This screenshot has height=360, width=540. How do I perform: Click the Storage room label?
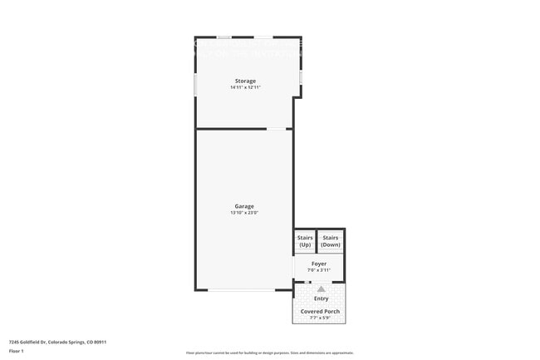[244, 81]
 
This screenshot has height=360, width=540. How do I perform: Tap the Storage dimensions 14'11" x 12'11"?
[244, 87]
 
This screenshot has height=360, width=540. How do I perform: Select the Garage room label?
[244, 206]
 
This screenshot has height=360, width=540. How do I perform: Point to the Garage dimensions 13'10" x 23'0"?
[244, 213]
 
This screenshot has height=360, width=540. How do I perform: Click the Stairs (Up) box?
[304, 241]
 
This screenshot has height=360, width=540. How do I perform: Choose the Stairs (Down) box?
[331, 241]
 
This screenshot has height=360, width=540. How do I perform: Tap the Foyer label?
[319, 264]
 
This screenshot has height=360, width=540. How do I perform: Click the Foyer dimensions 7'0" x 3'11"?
[319, 270]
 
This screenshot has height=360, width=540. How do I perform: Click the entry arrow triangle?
[321, 288]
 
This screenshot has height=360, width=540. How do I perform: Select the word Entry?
[321, 298]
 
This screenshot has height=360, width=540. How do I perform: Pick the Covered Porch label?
[320, 311]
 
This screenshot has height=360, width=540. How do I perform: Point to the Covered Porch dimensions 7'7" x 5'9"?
[320, 318]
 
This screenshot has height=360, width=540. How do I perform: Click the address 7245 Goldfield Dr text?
[57, 342]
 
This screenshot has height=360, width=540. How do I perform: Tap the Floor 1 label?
[17, 351]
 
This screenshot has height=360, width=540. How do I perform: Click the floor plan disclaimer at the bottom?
[269, 353]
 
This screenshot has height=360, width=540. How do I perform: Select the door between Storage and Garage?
[277, 129]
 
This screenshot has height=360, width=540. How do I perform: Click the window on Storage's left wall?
[195, 84]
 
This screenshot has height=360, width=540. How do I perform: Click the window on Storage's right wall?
[301, 76]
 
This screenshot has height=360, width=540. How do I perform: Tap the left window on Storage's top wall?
[223, 37]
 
